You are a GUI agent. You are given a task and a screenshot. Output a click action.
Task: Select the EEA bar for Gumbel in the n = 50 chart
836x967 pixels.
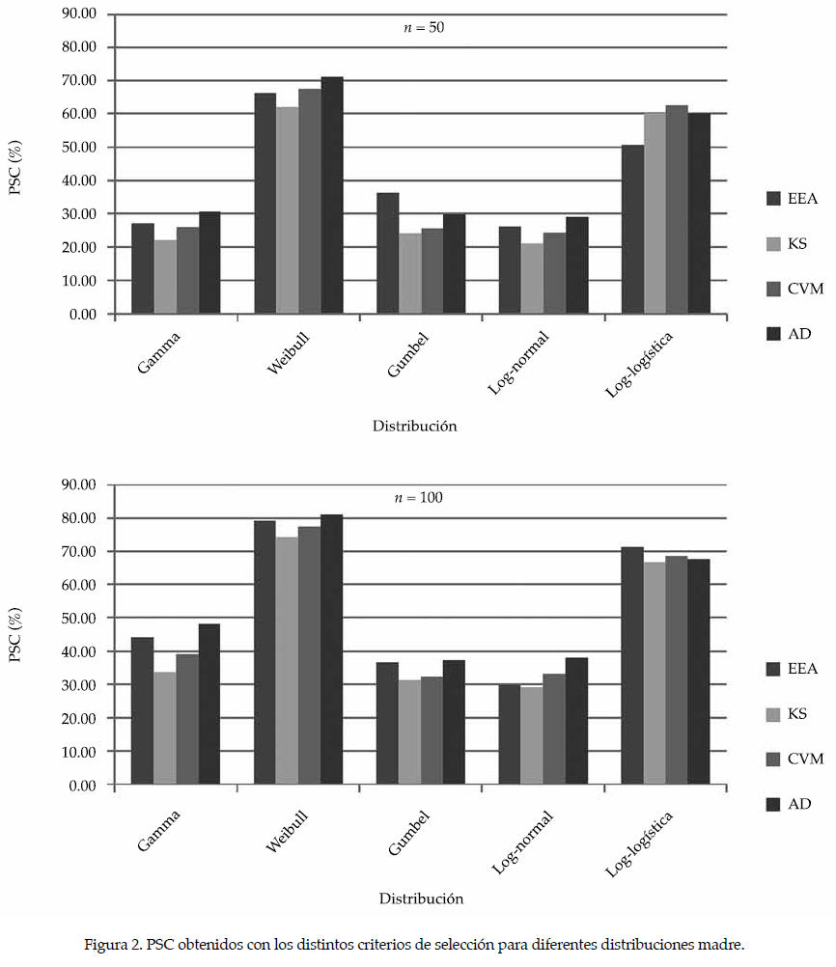tap(387, 253)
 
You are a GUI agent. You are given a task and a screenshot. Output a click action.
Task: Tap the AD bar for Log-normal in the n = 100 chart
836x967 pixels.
tap(576, 721)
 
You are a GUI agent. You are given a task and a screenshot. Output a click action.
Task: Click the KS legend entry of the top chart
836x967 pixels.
tap(797, 244)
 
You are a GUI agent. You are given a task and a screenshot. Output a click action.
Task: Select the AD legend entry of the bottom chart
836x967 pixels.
tap(799, 804)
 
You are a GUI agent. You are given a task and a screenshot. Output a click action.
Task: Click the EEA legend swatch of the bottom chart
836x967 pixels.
tap(772, 669)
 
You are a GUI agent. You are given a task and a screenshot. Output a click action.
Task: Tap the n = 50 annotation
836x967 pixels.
tap(423, 28)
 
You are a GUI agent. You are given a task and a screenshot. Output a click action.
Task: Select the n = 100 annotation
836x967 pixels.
tap(423, 499)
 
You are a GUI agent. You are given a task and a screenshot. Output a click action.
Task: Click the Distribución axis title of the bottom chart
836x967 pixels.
tap(420, 898)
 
